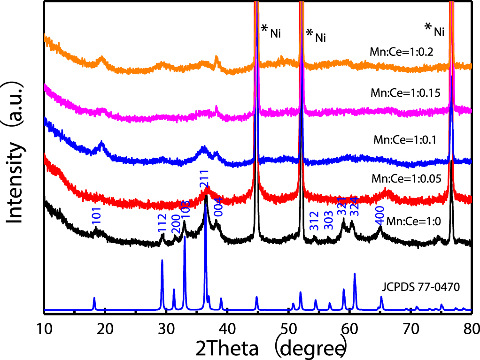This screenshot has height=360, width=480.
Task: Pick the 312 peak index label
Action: pos(314,221)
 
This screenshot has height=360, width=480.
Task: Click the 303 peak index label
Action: pos(329,221)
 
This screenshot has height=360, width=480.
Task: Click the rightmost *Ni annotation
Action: pos(434,30)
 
